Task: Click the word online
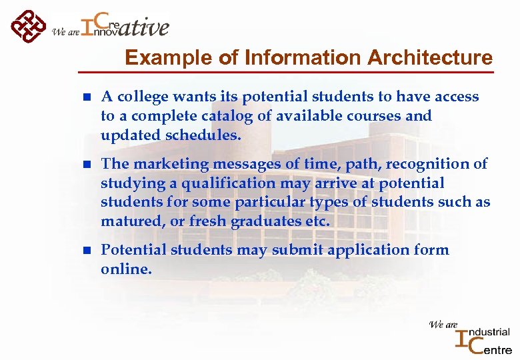[125, 269]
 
